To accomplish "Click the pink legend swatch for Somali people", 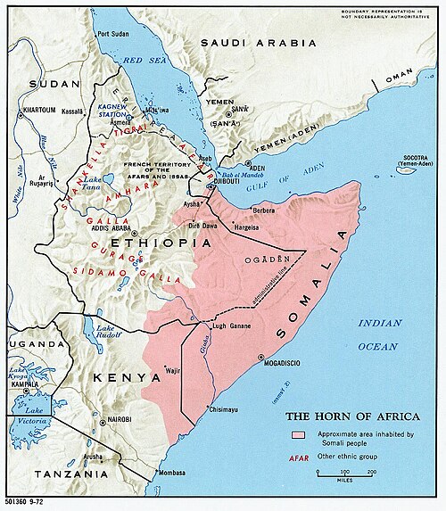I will (297, 435).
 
